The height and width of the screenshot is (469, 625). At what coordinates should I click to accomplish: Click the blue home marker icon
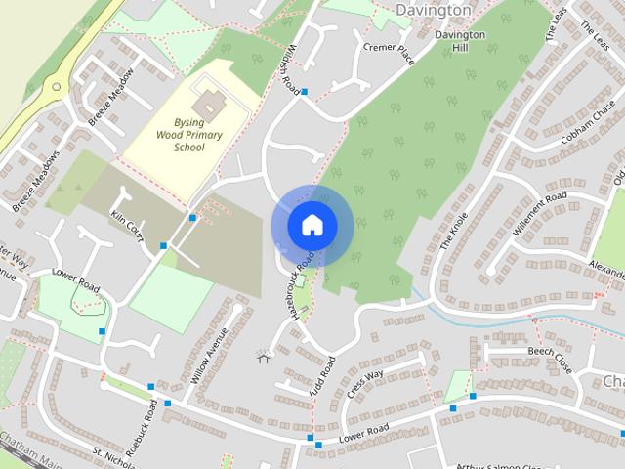coord(312,226)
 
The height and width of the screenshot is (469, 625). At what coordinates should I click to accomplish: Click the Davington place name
coord(433,10)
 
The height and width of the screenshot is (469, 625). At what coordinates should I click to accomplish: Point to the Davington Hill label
coord(460,41)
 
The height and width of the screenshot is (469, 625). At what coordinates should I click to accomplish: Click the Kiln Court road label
coord(127,226)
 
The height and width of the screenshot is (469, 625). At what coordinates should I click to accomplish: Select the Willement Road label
coord(539,213)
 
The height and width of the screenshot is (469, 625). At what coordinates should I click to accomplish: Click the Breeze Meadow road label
coord(110,104)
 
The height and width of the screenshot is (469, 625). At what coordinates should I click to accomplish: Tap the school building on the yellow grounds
coord(207,101)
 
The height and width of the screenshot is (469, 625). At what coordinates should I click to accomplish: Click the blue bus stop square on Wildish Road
coord(305,92)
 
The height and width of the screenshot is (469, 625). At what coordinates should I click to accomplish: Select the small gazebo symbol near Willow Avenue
coord(262,357)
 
